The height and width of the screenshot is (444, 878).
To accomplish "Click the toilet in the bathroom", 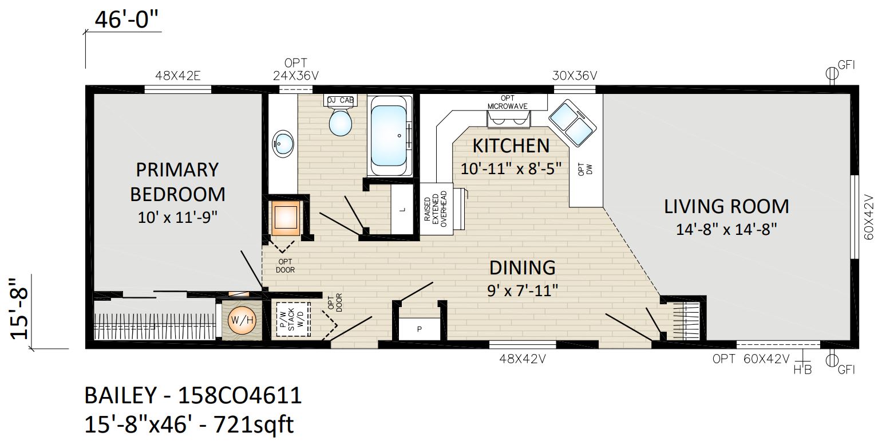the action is point(340,123).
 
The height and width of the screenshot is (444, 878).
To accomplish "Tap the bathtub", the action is point(390,135).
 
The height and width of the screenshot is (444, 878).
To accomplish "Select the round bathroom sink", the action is point(283,144).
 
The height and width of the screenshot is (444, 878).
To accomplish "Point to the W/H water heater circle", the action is point(242,320).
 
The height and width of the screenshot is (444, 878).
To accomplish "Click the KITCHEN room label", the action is point(511,146).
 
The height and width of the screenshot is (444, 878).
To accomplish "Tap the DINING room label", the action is point(523,268).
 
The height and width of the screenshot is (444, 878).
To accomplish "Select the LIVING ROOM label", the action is point(726,207).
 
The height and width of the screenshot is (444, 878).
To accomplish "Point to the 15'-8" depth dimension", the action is point(19,309).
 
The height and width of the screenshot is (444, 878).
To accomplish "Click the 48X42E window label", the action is point(177,76).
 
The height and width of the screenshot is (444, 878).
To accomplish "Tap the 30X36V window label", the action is point(574,76).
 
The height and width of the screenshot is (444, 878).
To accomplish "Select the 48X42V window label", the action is point(522,359).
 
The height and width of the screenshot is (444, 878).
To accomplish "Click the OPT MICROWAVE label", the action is point(508,102).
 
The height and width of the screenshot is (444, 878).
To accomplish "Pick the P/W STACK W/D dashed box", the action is point(293,319).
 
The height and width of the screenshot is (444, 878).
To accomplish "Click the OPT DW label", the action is point(585,169).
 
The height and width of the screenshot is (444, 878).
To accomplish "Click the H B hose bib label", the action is point(803,369).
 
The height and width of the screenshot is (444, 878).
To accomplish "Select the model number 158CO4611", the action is point(240,395).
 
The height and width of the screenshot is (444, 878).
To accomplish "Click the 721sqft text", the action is point(253,425).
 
